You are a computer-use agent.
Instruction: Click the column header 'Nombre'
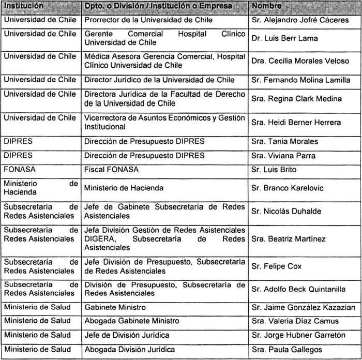[x=267, y=6]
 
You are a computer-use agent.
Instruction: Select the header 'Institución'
[x=23, y=6]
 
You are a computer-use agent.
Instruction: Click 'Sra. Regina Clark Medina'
[x=296, y=99]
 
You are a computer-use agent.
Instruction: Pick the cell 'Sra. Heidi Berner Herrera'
[x=296, y=122]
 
